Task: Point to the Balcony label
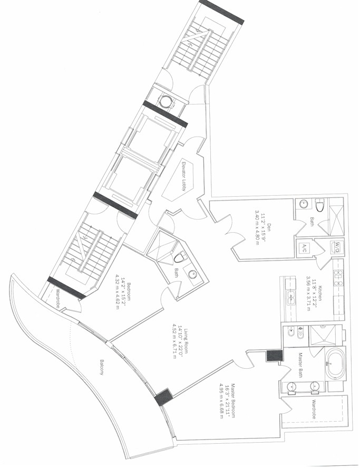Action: (102, 367)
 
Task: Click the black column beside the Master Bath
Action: (274, 355)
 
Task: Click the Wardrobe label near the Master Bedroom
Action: (314, 409)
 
